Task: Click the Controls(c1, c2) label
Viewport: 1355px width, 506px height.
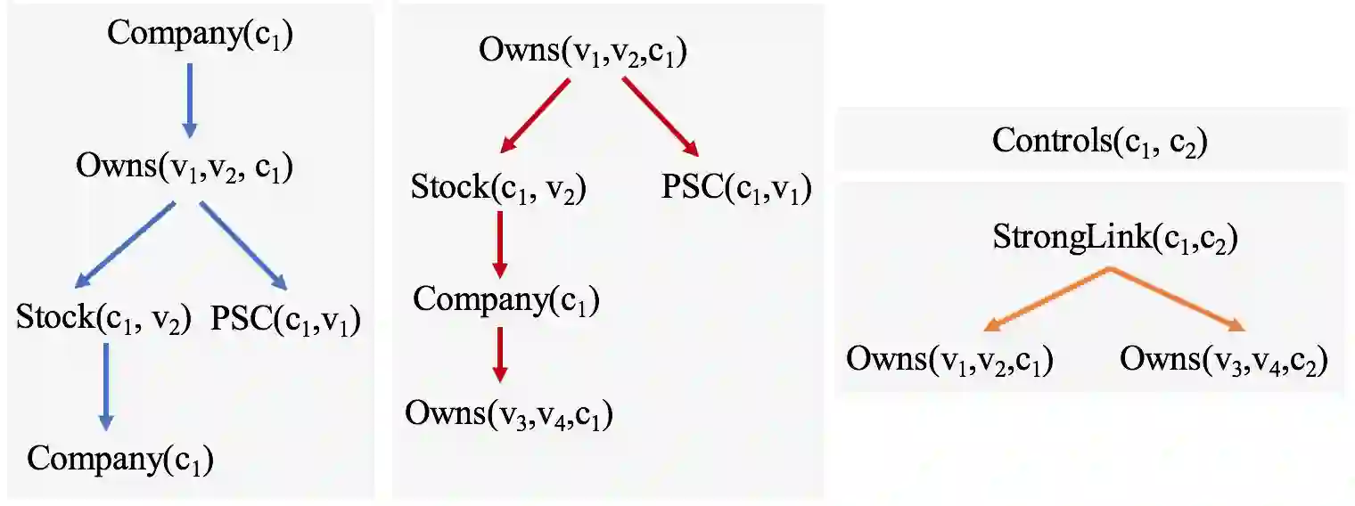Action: click(1099, 142)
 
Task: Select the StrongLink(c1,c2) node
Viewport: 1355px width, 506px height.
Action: click(1114, 239)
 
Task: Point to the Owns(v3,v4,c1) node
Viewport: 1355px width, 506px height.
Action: click(509, 413)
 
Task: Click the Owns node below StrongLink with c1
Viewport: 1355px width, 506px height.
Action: click(950, 360)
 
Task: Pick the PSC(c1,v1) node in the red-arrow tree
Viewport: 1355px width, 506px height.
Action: click(735, 190)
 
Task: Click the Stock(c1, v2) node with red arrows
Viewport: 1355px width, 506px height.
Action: click(498, 190)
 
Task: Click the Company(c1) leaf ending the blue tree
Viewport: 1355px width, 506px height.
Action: click(120, 459)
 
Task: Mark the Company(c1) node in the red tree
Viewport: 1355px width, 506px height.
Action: click(505, 300)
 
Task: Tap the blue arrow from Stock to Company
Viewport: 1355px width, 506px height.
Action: click(105, 383)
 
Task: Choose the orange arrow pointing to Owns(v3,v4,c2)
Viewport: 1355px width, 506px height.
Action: click(1178, 300)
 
